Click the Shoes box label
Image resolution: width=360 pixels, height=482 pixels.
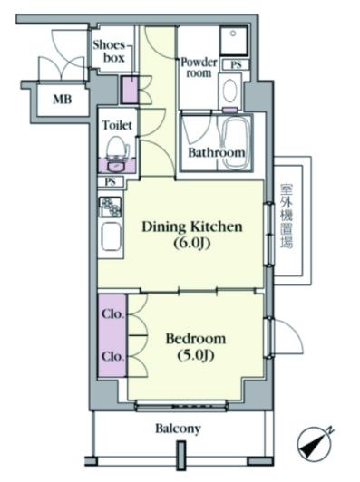tap(109, 52)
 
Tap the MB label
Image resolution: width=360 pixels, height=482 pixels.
tap(63, 100)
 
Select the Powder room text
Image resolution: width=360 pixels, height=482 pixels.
tap(199, 68)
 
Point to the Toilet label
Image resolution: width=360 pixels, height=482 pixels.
tap(117, 125)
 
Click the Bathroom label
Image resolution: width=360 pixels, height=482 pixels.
tap(217, 152)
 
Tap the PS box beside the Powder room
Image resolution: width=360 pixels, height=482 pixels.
tap(236, 65)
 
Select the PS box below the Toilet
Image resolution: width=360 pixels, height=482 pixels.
tap(111, 181)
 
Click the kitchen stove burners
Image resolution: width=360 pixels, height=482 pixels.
tap(110, 207)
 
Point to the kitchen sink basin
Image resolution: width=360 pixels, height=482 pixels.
tap(111, 236)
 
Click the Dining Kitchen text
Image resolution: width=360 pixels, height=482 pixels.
tap(192, 227)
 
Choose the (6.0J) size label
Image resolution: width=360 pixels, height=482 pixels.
tap(192, 244)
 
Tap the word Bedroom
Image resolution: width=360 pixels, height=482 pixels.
tap(196, 339)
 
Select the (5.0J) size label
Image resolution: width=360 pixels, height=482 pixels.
tap(196, 356)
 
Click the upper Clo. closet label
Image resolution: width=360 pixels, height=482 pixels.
tap(113, 314)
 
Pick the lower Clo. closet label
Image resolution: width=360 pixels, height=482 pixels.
tap(113, 357)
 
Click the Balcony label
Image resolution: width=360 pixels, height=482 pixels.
tap(178, 429)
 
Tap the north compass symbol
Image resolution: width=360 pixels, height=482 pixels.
tap(315, 443)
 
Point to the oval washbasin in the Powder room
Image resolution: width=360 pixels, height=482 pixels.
tap(230, 90)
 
